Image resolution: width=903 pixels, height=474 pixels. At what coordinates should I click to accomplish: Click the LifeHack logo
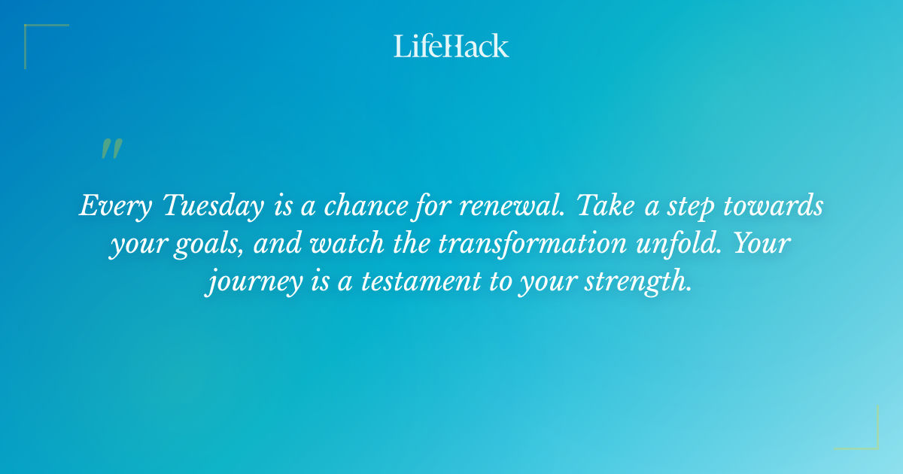click(451, 46)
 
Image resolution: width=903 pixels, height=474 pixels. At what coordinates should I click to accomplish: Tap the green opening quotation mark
click(111, 149)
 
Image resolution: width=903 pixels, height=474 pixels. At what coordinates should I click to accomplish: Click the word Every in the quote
click(112, 207)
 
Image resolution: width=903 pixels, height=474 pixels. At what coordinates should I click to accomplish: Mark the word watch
click(352, 246)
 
